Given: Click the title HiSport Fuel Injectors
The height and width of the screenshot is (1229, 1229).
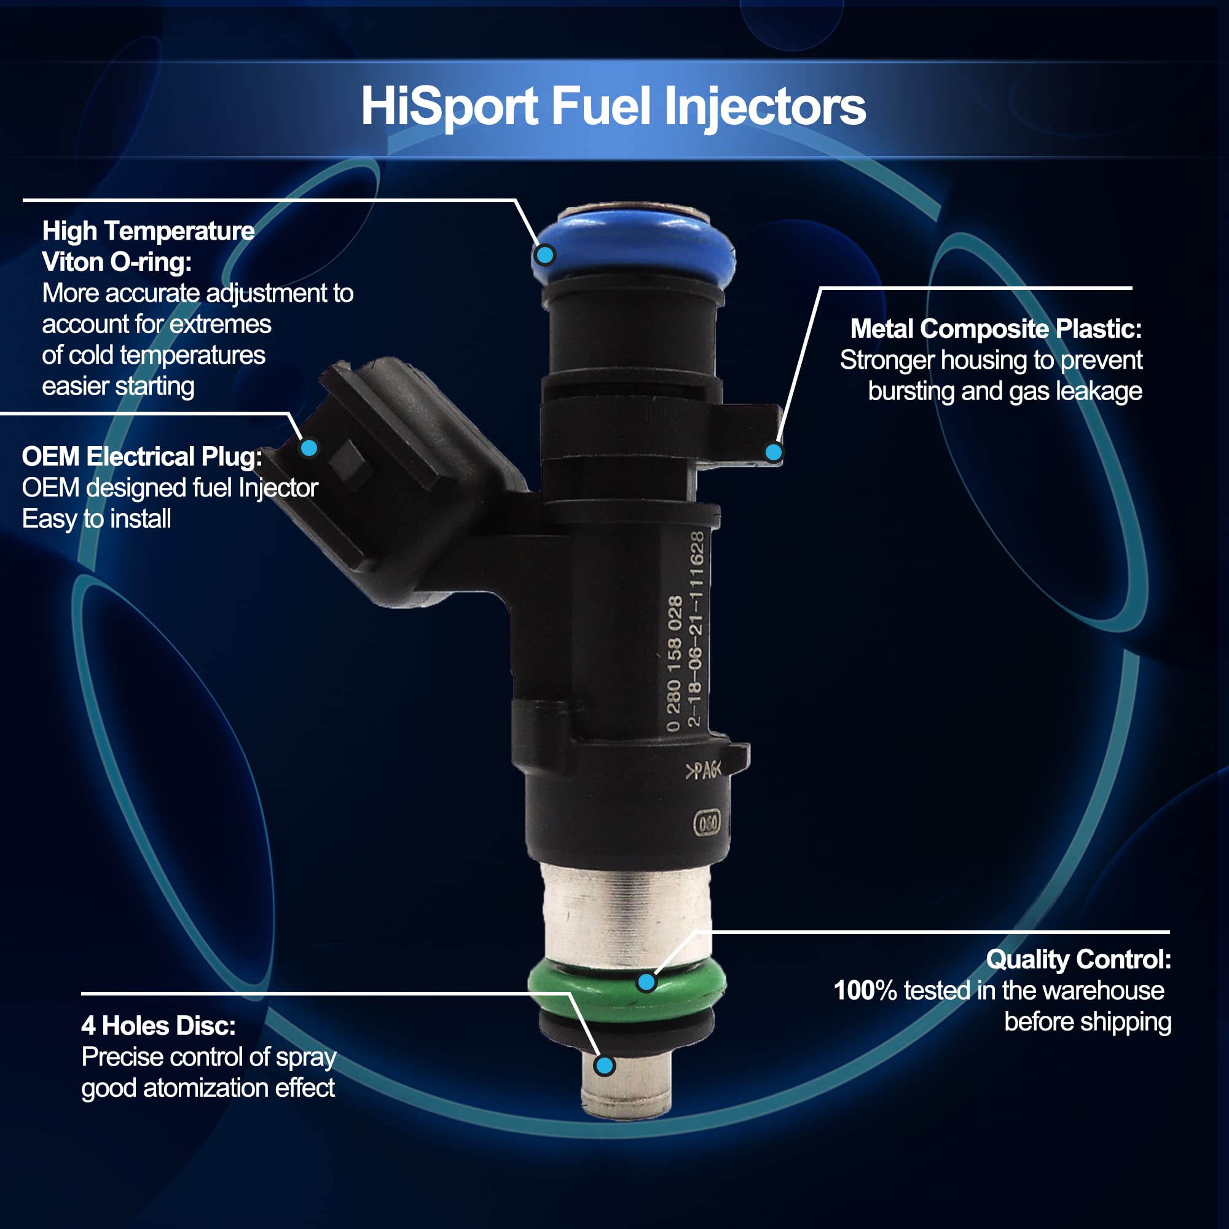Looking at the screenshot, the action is click(613, 106).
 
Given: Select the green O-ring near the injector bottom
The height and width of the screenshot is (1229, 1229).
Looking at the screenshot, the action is click(627, 983).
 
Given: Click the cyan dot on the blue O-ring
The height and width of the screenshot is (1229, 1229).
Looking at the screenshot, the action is click(544, 255).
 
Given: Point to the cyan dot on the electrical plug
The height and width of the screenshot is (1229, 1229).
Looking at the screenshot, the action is click(309, 448).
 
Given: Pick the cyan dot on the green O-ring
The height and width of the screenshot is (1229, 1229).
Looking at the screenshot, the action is click(646, 982).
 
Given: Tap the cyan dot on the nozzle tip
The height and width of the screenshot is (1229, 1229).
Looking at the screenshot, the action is click(604, 1065).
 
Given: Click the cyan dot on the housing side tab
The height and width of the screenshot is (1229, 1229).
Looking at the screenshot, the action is click(774, 452).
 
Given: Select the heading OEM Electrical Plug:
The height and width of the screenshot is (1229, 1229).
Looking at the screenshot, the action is click(143, 457).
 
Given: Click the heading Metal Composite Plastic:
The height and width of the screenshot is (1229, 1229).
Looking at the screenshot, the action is click(996, 329).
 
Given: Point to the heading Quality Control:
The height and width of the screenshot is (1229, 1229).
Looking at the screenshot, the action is click(1078, 959).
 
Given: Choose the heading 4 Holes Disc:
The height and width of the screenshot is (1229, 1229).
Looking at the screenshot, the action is click(159, 1026).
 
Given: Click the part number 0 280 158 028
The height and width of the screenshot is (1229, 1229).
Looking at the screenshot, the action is click(674, 664).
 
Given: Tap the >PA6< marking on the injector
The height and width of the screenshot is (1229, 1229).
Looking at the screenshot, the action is click(703, 771).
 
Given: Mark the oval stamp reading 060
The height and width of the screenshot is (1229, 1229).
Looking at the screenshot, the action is click(707, 823).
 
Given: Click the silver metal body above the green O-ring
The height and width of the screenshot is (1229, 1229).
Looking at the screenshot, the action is click(627, 913).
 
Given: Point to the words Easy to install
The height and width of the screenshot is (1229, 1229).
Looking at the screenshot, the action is click(96, 519).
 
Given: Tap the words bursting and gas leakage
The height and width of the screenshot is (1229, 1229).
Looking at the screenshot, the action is click(1005, 391).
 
